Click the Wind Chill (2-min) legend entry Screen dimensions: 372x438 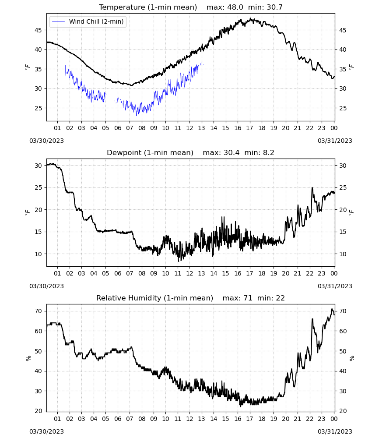pos(88,21)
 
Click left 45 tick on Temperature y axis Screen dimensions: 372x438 pos(38,30)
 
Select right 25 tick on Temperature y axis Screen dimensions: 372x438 pos(343,108)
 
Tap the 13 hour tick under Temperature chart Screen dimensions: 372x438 pos(201,128)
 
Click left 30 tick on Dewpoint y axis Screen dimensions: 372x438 pos(38,166)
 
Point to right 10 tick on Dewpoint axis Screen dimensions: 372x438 pos(343,254)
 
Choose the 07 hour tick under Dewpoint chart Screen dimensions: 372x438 pos(130,273)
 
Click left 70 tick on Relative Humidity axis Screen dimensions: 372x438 pos(38,311)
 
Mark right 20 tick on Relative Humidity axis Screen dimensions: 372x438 pos(343,411)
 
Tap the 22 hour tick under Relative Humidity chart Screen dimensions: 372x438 pos(309,419)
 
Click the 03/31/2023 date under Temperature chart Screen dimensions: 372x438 pos(335,141)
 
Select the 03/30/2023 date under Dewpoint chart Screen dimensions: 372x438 pos(46,286)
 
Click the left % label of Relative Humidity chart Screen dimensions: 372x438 pos(28,358)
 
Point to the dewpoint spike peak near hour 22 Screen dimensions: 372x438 pos(312,187)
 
